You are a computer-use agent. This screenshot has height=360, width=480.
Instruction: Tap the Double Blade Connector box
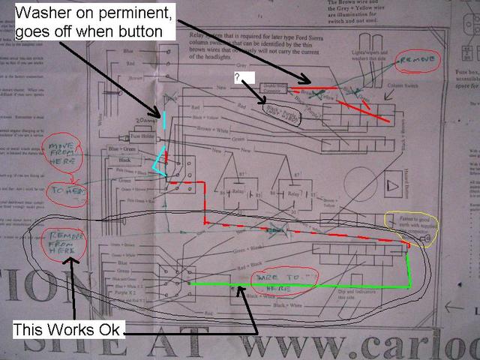tap(274, 87)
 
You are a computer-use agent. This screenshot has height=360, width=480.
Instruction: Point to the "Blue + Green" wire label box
tap(124, 149)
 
